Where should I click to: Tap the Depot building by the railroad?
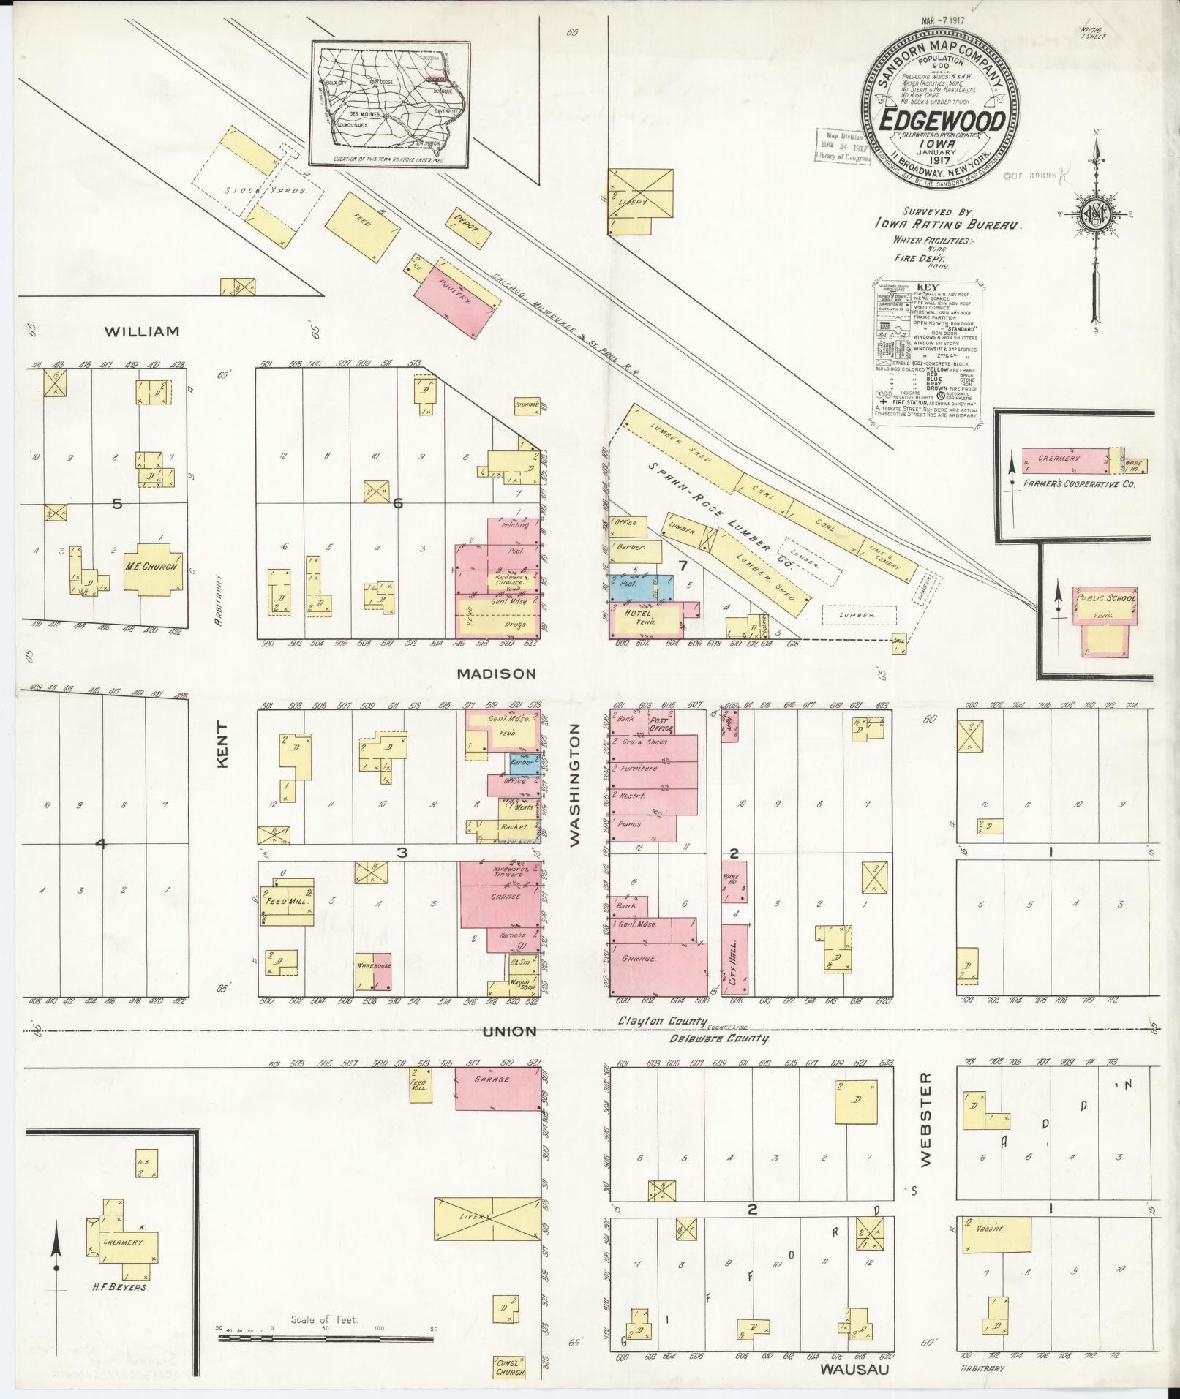[x=466, y=228]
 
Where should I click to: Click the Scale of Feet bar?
[x=326, y=1340]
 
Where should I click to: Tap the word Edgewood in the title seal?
[x=941, y=121]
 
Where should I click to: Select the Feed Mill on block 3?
[x=287, y=901]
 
